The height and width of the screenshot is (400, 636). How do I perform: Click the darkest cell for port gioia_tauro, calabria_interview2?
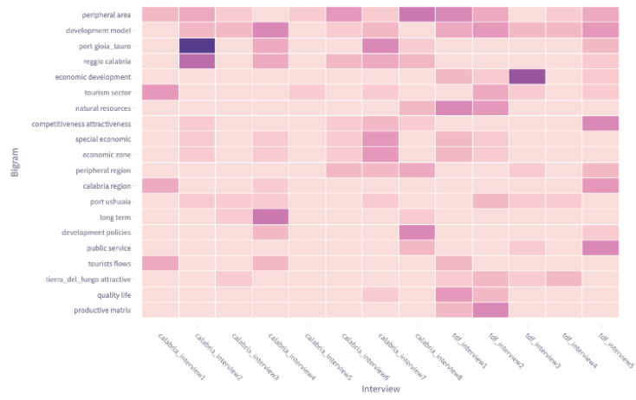tap(197, 46)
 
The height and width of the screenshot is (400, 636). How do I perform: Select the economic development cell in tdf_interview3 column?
tap(526, 77)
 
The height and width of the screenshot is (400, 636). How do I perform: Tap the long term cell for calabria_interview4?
tap(270, 216)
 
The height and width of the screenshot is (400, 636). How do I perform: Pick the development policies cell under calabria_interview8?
tap(417, 232)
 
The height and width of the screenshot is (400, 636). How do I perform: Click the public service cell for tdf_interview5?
tap(600, 248)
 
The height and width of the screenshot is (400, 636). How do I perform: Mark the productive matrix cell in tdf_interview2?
tap(490, 310)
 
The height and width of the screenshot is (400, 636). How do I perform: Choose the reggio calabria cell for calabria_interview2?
tap(197, 61)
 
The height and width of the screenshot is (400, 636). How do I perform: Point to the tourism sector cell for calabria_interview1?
tap(159, 93)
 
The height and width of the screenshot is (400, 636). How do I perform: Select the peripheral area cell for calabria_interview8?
tap(417, 15)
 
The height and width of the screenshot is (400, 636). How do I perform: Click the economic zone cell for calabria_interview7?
tap(380, 154)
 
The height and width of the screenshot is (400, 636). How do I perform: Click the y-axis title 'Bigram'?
tap(14, 163)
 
